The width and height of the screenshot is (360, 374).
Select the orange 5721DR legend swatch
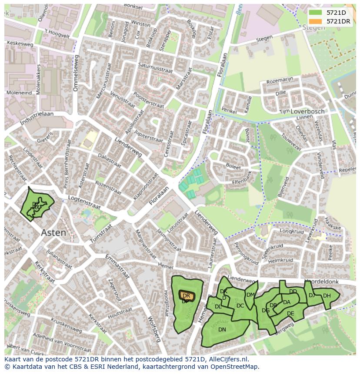pyautogui.click(x=316, y=21)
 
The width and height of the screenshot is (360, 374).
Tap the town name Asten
pyautogui.click(x=54, y=233)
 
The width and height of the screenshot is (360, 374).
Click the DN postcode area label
pyautogui.click(x=222, y=330)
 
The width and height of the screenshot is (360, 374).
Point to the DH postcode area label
pyautogui.click(x=327, y=296)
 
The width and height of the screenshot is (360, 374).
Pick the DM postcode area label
pyautogui.click(x=250, y=295)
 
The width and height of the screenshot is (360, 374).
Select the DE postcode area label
pyautogui.click(x=290, y=314)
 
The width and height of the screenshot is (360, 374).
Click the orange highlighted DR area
pyautogui.click(x=187, y=296)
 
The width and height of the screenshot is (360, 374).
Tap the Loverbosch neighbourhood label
pyautogui.click(x=307, y=111)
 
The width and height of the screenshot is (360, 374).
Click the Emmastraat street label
pyautogui.click(x=118, y=265)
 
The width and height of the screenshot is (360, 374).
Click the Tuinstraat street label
pyautogui.click(x=101, y=233)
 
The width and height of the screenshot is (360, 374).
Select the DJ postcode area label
pyautogui.click(x=312, y=295)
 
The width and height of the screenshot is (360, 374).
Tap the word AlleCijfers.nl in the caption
pyautogui.click(x=228, y=359)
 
